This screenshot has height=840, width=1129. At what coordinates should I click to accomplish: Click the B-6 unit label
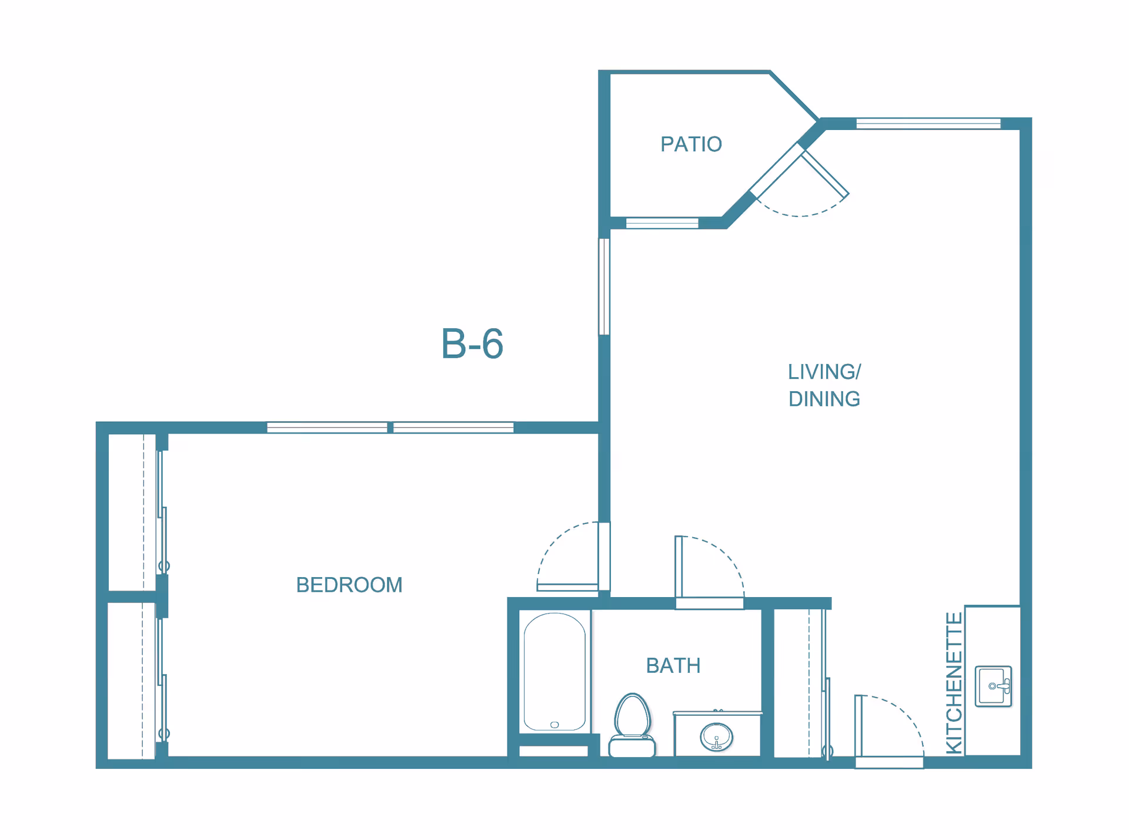[472, 344]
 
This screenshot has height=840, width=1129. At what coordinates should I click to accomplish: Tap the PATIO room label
[691, 144]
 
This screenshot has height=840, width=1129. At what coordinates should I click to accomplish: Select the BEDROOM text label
[349, 585]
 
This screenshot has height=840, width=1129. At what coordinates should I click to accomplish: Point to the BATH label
[673, 665]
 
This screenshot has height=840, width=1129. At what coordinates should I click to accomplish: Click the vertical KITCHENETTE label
[954, 683]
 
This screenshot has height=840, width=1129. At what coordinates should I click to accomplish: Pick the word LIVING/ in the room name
[824, 372]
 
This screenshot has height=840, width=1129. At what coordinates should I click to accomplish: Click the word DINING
[824, 399]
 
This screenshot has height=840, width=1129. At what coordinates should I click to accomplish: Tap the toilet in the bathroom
[632, 726]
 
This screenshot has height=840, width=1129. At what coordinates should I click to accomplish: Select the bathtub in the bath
[554, 672]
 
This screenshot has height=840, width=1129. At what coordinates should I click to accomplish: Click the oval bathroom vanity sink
[716, 736]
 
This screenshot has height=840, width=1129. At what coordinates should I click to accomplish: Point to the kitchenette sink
[993, 686]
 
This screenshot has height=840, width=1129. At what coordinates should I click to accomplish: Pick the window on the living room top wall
[928, 124]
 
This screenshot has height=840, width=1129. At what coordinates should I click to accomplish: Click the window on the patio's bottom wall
[662, 223]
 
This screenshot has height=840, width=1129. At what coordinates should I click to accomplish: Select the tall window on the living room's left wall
[604, 286]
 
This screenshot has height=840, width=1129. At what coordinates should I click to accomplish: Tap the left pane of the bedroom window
[327, 428]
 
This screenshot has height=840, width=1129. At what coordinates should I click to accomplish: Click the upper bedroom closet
[132, 512]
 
